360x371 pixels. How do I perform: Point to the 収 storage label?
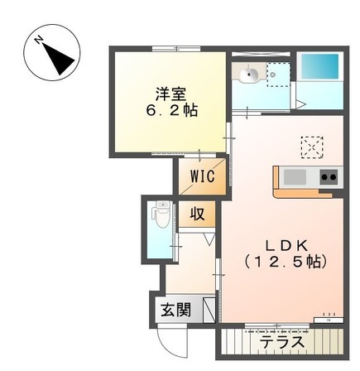pyautogui.click(x=199, y=214)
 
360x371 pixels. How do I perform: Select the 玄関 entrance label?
pyautogui.click(x=175, y=311)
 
